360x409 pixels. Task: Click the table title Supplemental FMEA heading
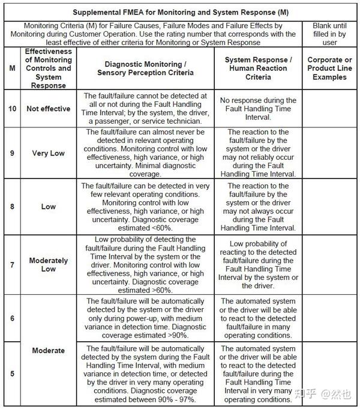point(179,12)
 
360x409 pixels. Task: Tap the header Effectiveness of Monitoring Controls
point(49,68)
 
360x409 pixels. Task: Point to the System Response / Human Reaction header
point(258,68)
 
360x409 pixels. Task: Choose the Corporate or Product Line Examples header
point(329,68)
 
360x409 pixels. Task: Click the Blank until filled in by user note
point(329,34)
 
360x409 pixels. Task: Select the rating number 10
point(13,109)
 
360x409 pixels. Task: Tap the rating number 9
point(13,153)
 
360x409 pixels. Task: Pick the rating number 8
point(13,206)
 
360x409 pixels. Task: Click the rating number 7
point(13,264)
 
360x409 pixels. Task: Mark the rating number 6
point(13,318)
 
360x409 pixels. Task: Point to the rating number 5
point(13,373)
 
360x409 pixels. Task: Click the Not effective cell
point(49,109)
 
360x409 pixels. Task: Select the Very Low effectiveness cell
point(49,153)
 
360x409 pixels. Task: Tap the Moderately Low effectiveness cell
point(49,264)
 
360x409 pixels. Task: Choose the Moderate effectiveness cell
point(49,350)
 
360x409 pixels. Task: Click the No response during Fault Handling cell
point(258,109)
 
